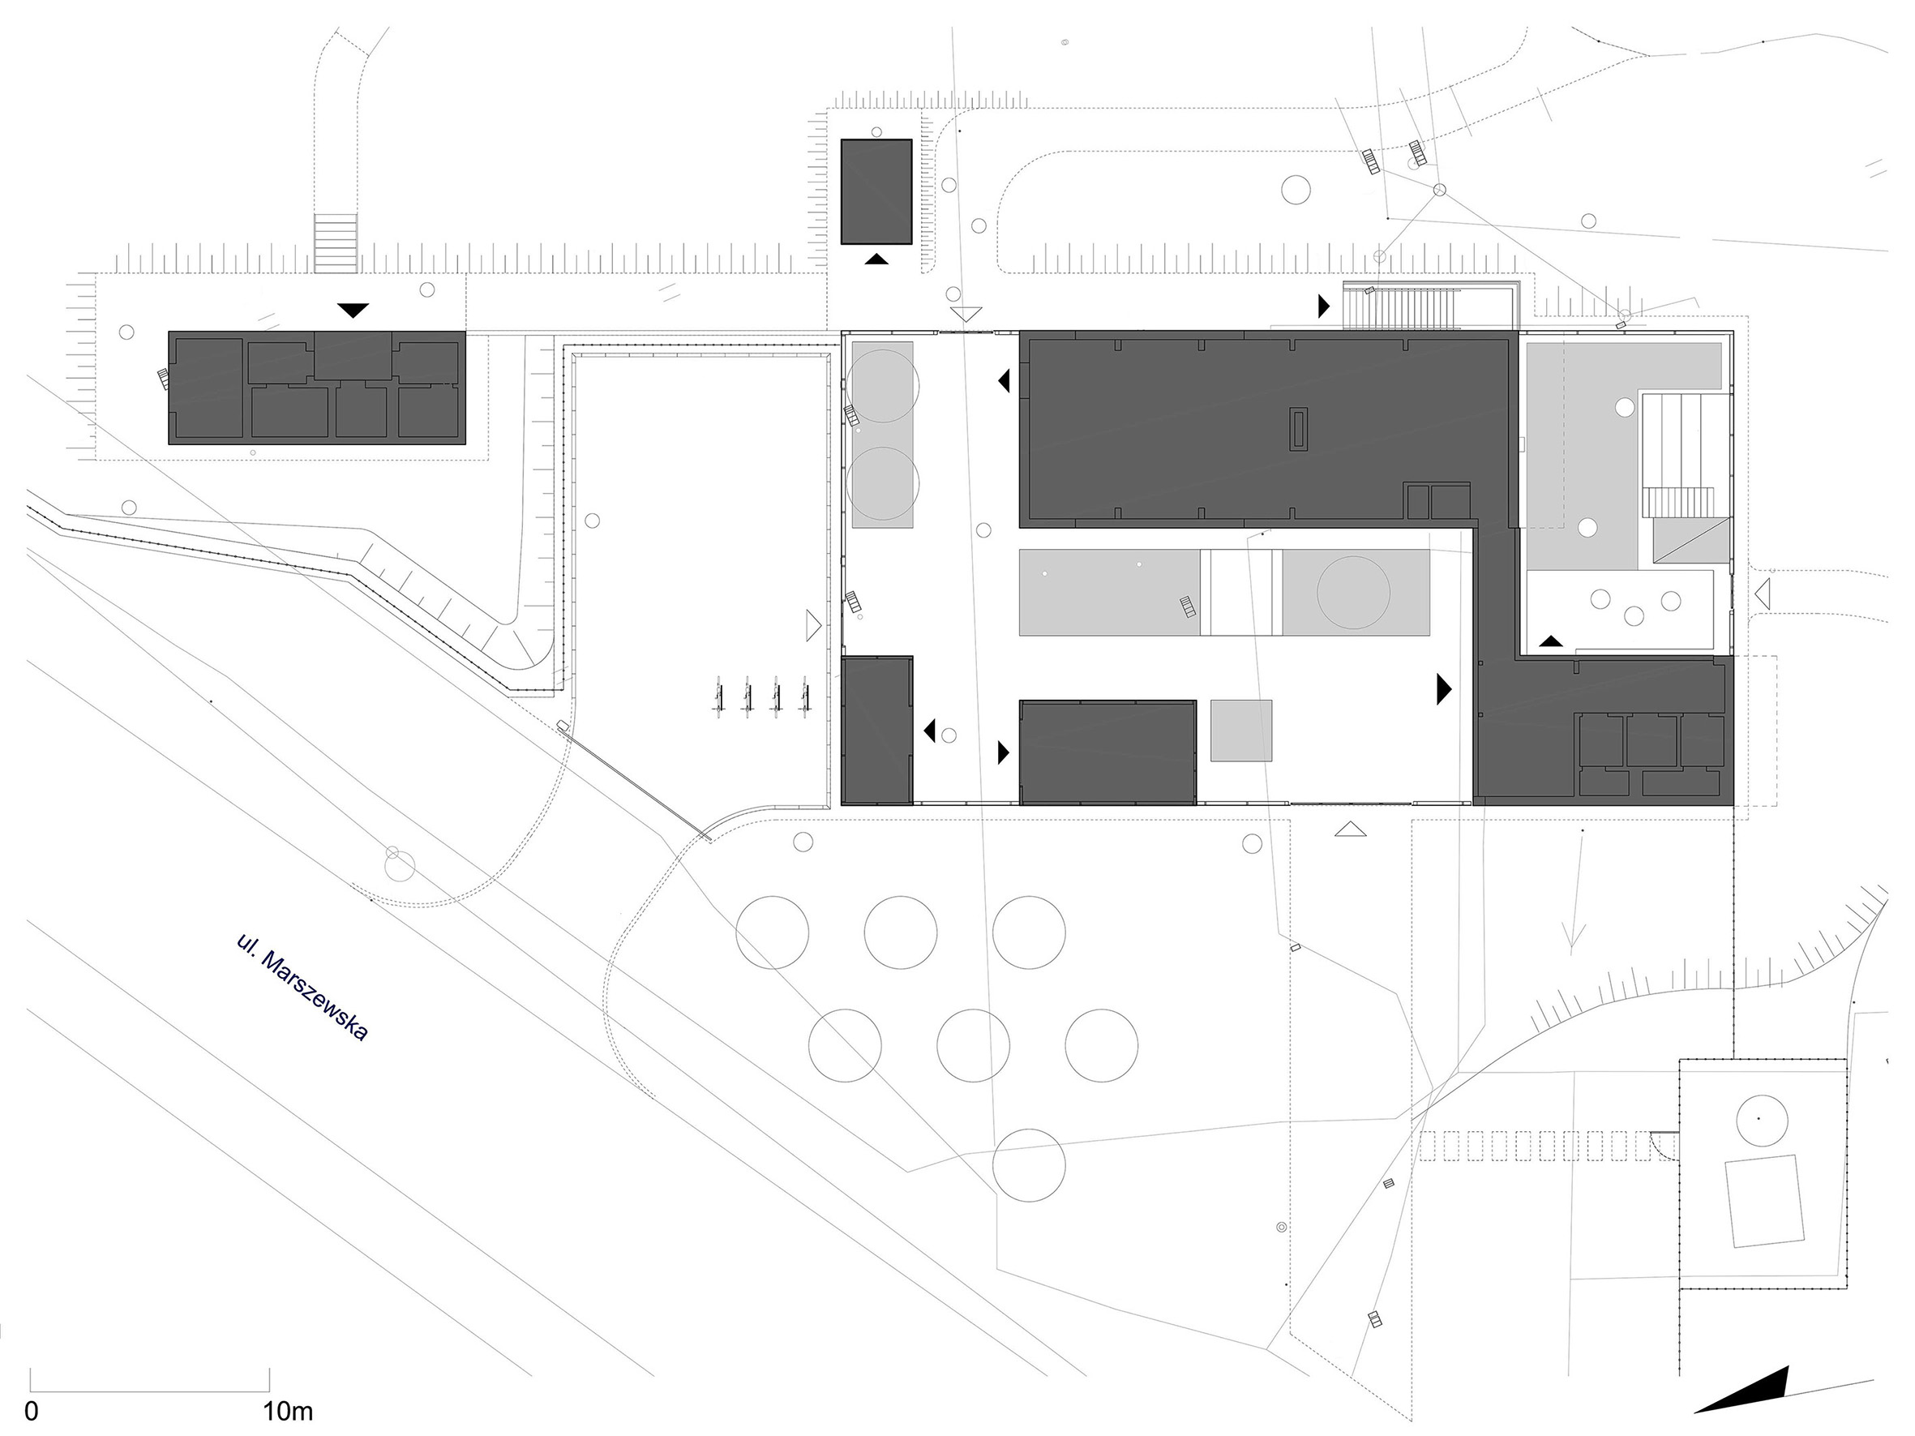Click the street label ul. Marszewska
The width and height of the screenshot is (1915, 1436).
302,988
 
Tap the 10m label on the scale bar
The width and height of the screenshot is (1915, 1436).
289,1412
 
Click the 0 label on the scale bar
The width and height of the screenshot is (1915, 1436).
31,1412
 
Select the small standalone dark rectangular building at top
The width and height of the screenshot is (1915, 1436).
877,191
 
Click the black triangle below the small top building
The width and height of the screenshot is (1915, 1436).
876,258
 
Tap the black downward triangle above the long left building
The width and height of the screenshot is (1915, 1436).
353,309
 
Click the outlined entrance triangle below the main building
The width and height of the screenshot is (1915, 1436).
1350,829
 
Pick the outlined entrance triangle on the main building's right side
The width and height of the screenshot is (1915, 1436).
1763,594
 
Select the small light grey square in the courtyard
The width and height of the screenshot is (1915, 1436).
1241,731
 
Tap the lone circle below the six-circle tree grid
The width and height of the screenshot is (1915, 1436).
1029,1164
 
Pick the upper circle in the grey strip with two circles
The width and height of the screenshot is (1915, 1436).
883,385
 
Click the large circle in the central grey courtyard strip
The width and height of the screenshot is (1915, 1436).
1353,593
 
